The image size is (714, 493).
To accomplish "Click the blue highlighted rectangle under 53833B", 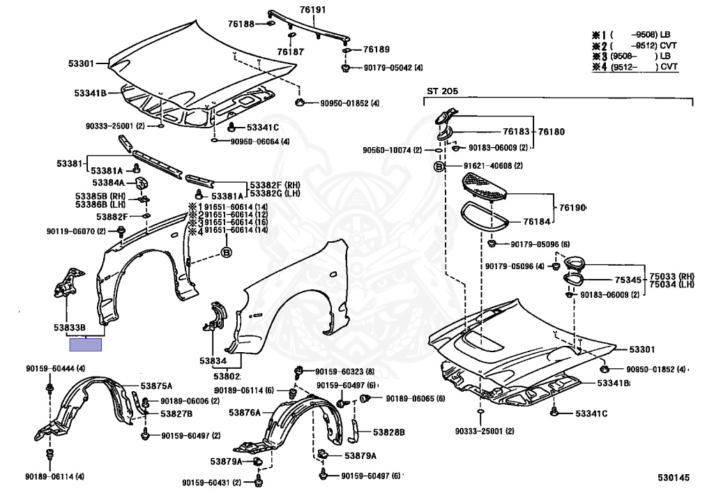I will coord(85,343).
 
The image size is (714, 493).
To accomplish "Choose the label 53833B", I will coord(70,327).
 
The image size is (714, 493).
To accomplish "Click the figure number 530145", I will coord(673,478).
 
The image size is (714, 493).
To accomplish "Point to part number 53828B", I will coord(388,432).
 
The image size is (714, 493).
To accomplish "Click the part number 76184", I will coord(538,222).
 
